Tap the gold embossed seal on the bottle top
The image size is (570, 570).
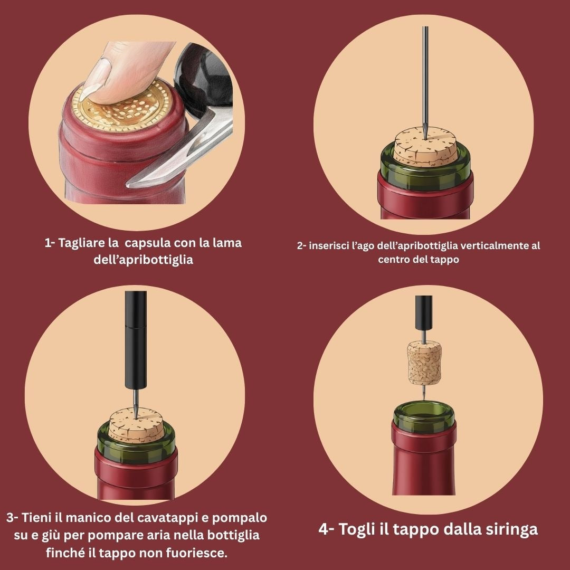pos(122,106)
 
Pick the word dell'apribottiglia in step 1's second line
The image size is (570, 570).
pos(143,260)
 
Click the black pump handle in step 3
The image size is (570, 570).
pos(136,340)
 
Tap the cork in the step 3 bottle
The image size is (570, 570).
pos(136,425)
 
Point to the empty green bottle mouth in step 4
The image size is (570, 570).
pos(424,416)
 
